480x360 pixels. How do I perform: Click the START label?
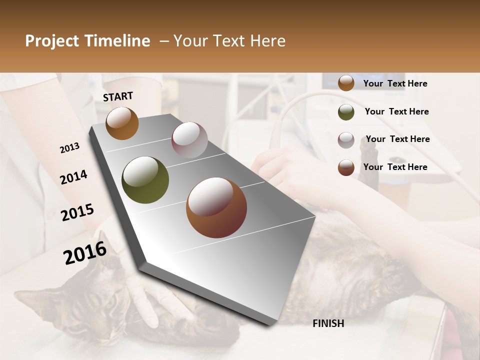118,96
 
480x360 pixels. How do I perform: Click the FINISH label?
328,323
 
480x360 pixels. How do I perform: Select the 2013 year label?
69,148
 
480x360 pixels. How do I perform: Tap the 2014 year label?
73,177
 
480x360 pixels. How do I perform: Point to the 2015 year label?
77,212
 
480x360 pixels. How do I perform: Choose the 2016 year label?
85,253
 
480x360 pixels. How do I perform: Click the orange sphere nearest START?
122,123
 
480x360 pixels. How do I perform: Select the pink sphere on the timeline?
189,140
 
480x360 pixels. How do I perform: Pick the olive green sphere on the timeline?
145,180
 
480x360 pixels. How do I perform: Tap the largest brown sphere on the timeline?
216,207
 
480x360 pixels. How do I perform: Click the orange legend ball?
346,83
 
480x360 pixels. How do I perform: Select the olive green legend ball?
346,112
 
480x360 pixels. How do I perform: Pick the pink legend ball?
346,140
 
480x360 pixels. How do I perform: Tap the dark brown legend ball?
346,167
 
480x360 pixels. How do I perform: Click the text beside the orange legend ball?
395,83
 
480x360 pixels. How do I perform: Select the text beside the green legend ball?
396,111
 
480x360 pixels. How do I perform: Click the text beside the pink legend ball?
397,139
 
